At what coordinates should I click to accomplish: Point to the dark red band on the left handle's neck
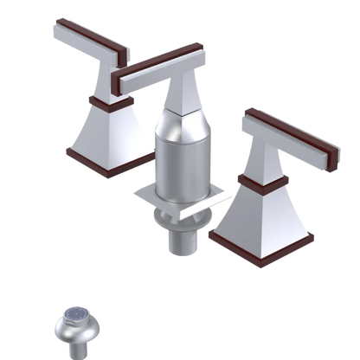pyautogui.click(x=105, y=102)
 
